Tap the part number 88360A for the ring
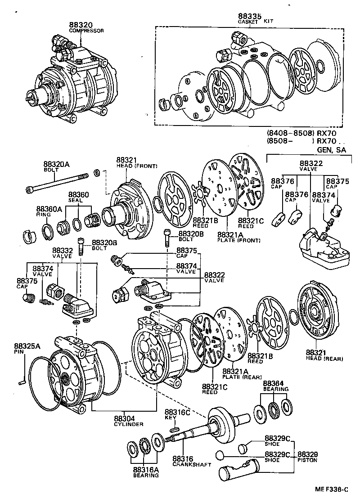47,209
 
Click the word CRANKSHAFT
192,464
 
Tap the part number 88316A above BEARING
146,469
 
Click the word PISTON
307,460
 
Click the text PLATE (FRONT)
238,240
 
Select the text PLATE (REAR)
239,377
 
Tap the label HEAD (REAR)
324,359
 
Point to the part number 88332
63,250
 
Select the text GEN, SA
332,150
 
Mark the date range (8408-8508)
286,134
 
